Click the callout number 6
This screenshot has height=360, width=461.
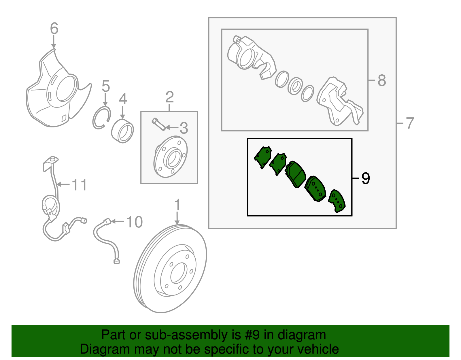coord(54,29)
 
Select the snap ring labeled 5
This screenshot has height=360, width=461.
coord(101,118)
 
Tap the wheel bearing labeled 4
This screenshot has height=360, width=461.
coord(122,131)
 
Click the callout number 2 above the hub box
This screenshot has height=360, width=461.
coord(169,97)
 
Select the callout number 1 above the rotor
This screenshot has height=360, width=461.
coord(177,205)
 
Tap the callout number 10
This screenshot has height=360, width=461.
coord(134,222)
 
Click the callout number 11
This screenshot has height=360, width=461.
coord(79,185)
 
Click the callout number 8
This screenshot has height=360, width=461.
coord(381,80)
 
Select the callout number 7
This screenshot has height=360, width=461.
coord(410,123)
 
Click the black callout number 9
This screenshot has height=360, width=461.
coord(365,178)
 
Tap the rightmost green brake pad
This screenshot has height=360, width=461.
coord(337,201)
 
